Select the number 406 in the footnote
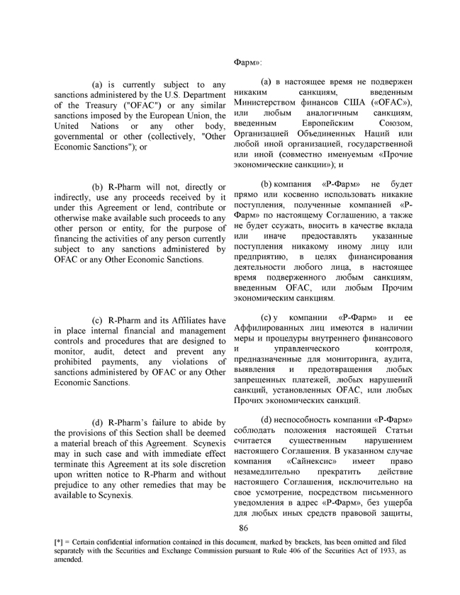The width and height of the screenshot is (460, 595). tap(296, 550)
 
